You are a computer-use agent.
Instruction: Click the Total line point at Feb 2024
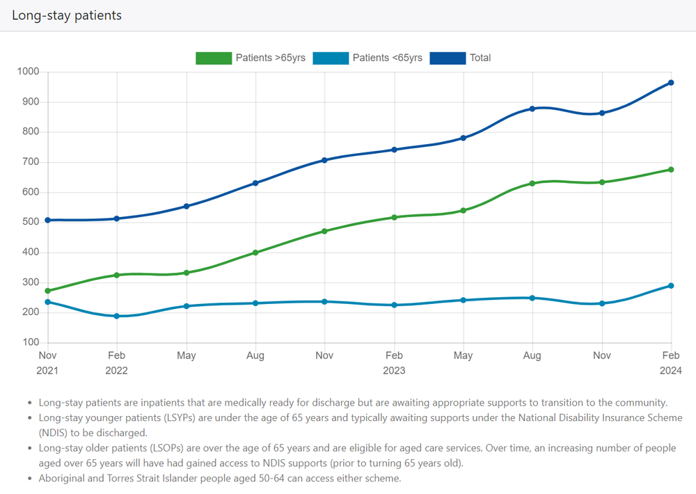(x=671, y=83)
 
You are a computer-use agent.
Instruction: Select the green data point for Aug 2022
(x=255, y=253)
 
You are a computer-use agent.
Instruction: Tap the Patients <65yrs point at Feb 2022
(x=117, y=316)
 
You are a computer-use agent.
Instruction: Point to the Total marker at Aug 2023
(x=532, y=109)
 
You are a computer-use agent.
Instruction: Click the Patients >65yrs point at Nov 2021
(x=47, y=291)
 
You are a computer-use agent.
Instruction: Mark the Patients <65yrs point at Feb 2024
(x=671, y=285)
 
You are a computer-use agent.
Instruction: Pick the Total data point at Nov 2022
(x=324, y=160)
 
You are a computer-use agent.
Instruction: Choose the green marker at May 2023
(x=463, y=210)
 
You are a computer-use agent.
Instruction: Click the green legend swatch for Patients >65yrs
(x=213, y=58)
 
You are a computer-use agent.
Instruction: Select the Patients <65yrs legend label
(x=387, y=58)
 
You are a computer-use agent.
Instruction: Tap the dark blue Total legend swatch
(x=447, y=58)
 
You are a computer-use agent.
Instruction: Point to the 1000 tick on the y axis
(x=29, y=72)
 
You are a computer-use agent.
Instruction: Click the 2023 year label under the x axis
(x=394, y=370)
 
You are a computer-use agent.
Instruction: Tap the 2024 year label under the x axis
(x=671, y=370)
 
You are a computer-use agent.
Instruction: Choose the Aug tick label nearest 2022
(x=255, y=356)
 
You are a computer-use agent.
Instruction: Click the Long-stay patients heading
(x=67, y=15)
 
